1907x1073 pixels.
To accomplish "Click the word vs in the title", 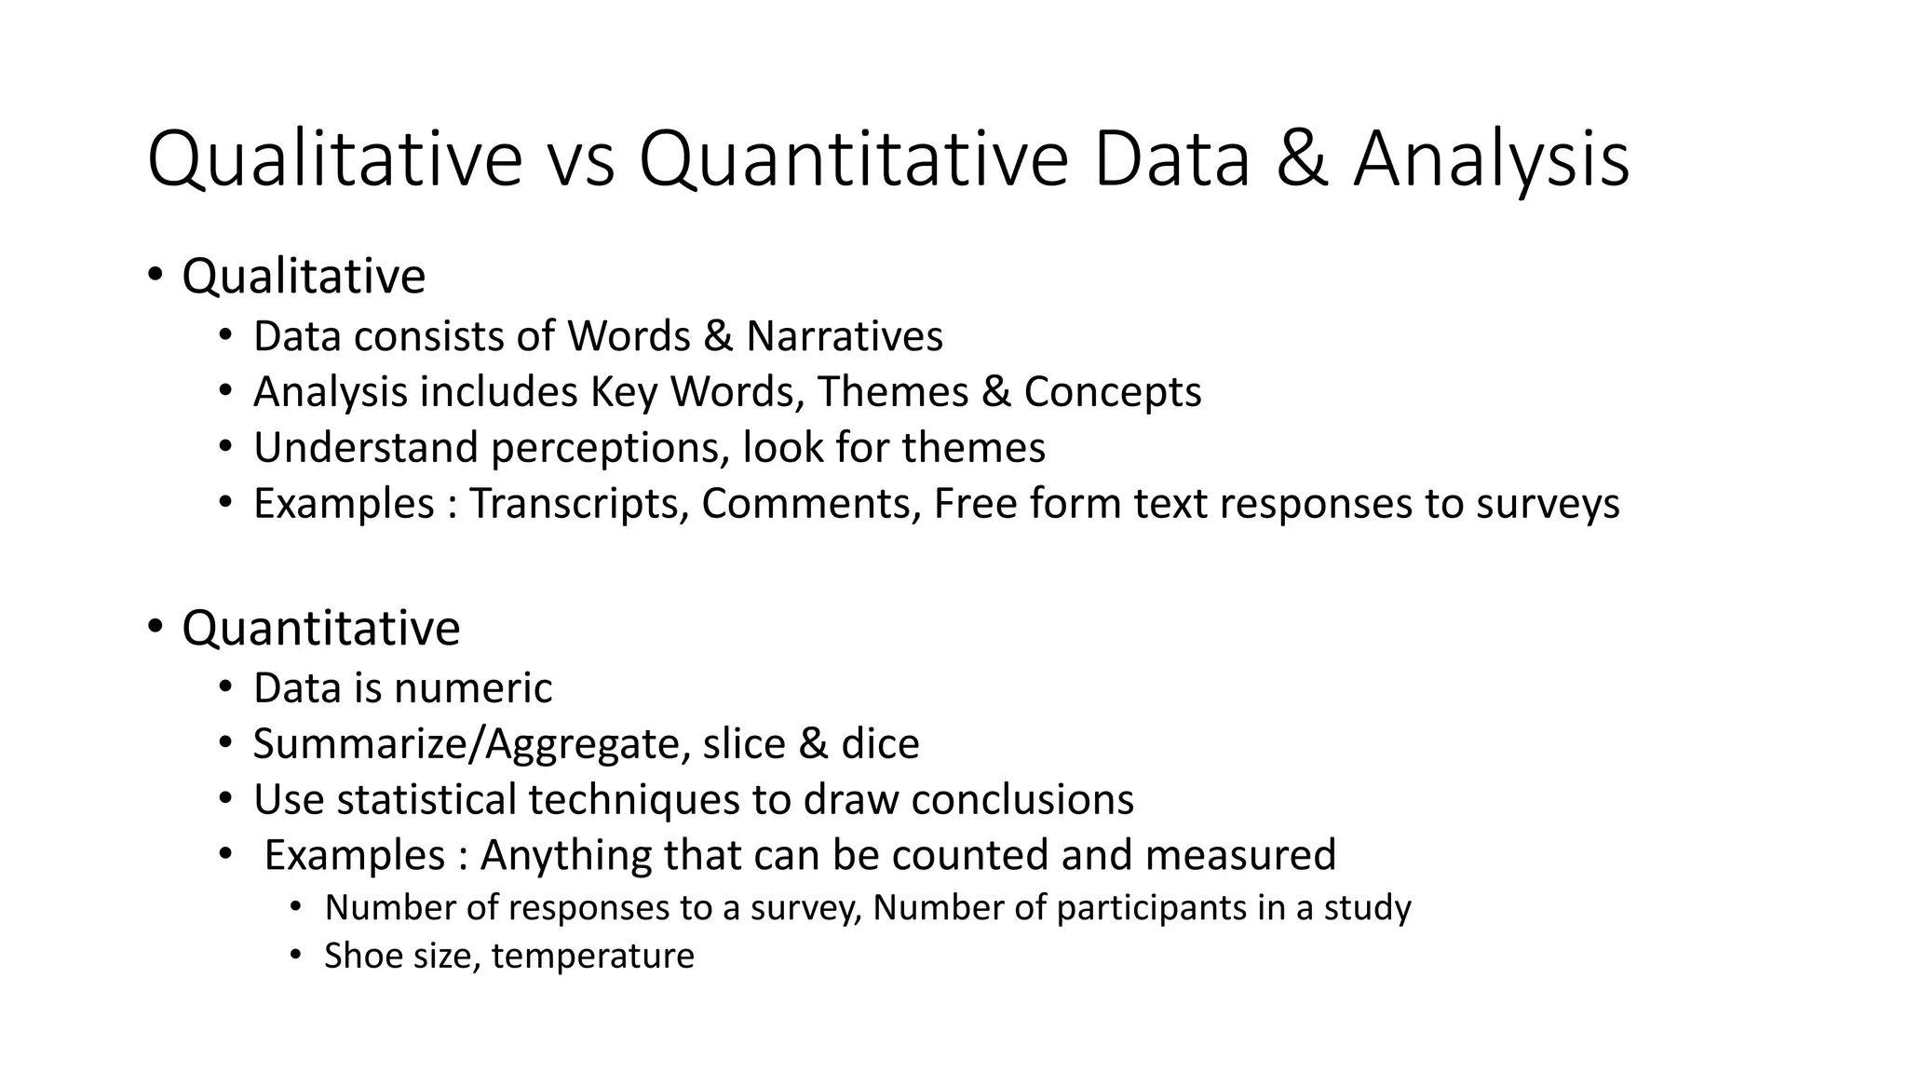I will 580,160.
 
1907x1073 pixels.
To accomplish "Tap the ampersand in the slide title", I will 1302,160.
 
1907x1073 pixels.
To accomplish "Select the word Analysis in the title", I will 1491,160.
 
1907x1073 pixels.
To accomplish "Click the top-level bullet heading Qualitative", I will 304,277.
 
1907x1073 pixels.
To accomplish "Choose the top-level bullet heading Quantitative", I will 320,628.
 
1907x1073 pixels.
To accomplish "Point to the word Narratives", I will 844,336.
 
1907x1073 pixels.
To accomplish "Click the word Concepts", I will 1113,392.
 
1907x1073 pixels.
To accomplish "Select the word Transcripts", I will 578,504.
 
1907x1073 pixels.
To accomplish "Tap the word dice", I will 880,744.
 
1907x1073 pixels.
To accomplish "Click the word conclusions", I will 1022,800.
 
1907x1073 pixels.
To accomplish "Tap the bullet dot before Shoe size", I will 296,955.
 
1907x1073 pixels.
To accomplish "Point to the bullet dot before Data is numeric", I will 224,687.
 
